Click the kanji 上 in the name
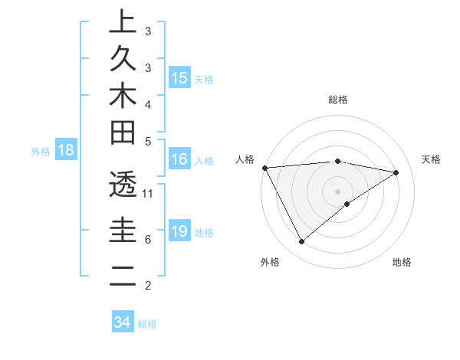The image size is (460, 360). click(x=122, y=21)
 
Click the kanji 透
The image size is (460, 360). click(x=122, y=185)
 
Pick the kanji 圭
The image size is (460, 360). click(x=122, y=231)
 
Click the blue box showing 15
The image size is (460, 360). click(x=179, y=77)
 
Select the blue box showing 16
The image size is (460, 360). click(x=179, y=159)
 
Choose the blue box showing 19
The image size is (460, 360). click(x=179, y=231)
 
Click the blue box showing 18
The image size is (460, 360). click(x=66, y=150)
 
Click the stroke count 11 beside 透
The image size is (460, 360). click(x=149, y=194)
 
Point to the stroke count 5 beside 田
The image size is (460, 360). click(x=148, y=141)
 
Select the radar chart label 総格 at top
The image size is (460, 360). click(x=338, y=100)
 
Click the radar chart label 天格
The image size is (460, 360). click(x=432, y=159)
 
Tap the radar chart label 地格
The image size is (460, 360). click(x=402, y=262)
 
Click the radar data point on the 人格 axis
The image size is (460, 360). click(x=264, y=167)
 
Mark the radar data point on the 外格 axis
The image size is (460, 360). click(x=301, y=242)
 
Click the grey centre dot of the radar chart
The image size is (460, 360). click(x=338, y=191)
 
